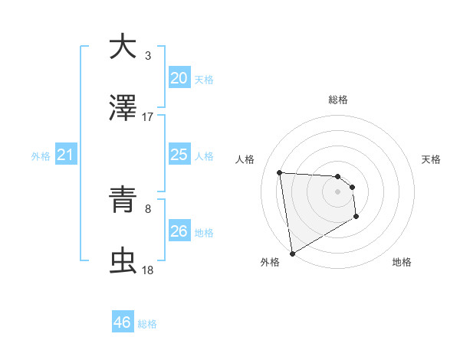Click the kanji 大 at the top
(x=123, y=47)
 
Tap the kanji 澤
(x=123, y=108)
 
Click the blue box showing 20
(x=179, y=78)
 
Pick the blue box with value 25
(x=179, y=155)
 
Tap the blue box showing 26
(x=179, y=231)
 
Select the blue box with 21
(x=65, y=155)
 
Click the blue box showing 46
(x=122, y=322)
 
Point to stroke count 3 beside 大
(x=148, y=56)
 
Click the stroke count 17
(x=148, y=117)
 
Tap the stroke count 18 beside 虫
(x=148, y=270)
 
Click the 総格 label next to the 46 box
(x=148, y=324)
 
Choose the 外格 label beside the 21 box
(x=41, y=156)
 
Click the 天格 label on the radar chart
(x=431, y=159)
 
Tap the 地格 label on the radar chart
(x=402, y=262)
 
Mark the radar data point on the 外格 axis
(x=291, y=252)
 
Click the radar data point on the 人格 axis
(x=280, y=172)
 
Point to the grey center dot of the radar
(x=337, y=191)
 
